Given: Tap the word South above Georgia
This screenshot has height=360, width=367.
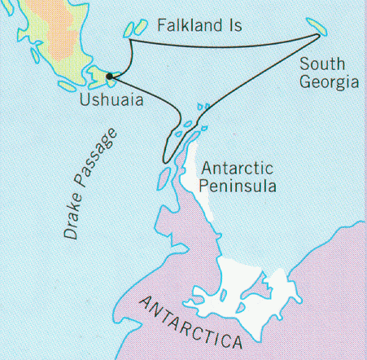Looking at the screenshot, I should pos(322,64).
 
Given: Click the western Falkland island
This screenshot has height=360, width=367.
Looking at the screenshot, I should pos(131,29).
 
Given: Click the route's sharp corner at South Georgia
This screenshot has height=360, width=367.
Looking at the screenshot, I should pos(317,35).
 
